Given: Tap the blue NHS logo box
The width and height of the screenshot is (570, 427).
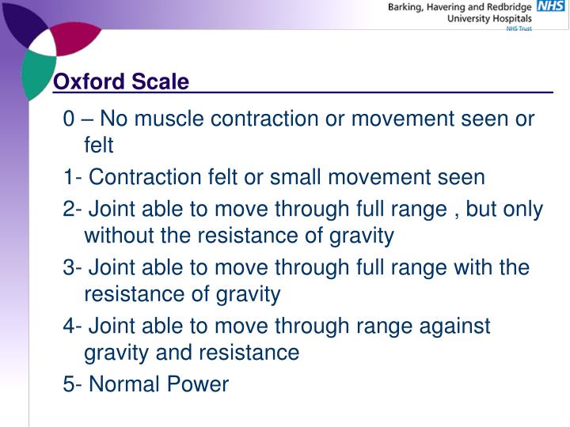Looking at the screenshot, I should coord(551,6).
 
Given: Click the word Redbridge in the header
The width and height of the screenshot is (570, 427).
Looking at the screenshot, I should coord(507,7).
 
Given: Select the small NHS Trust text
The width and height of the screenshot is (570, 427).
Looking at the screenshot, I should coord(519,28).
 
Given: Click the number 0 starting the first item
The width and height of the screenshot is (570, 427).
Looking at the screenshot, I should coord(70,119).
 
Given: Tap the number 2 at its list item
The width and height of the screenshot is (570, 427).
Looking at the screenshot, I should coord(70,209).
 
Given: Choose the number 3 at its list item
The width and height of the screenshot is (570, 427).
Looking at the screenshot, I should coord(70,267).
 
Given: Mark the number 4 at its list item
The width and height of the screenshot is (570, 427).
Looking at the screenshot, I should coord(70,326).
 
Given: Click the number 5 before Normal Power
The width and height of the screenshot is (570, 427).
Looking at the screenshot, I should coord(70,384).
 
